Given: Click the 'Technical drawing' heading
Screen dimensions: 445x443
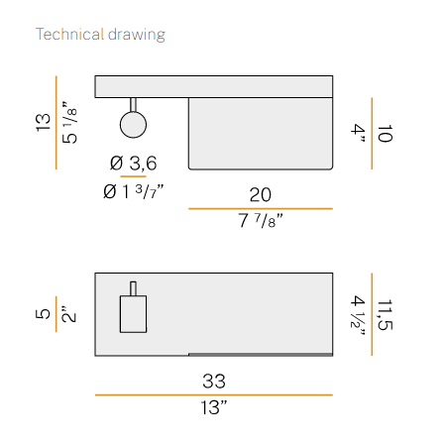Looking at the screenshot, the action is [x=100, y=35].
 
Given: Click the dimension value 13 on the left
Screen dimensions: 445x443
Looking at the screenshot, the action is [x=44, y=123].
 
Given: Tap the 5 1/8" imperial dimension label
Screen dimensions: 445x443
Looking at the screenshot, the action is [x=69, y=122].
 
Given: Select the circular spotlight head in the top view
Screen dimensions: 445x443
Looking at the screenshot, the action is [x=133, y=125].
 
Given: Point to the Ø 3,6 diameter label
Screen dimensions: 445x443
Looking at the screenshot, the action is [x=134, y=164].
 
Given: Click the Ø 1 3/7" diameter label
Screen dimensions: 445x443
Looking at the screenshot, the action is [x=133, y=192].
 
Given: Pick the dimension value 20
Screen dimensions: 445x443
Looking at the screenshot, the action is [x=261, y=195].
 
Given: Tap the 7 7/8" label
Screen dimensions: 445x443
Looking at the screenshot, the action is [x=261, y=220].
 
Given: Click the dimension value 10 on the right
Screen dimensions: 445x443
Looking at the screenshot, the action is [x=385, y=134].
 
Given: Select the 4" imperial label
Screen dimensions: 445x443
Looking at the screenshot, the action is [x=358, y=133].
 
